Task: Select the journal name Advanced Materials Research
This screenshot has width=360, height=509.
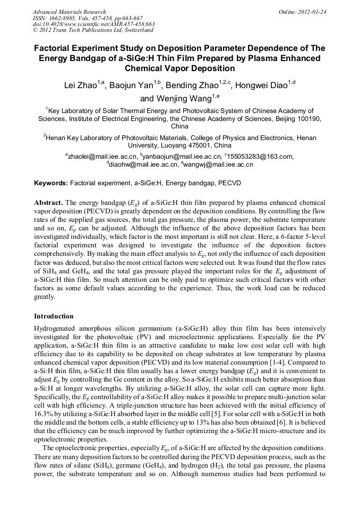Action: tap(69, 11)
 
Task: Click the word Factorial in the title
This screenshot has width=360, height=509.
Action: tap(56, 48)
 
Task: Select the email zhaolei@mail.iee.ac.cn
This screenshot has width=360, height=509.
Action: tap(102, 156)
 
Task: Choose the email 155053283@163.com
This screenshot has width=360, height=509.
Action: tap(261, 156)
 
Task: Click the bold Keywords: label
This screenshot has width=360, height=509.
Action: tap(50, 183)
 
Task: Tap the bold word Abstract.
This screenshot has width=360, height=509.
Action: tap(48, 203)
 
